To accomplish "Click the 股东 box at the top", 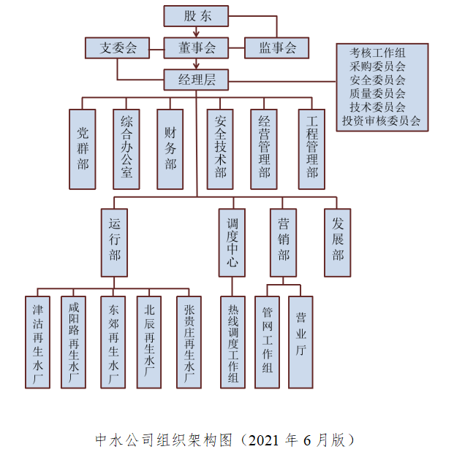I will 196,15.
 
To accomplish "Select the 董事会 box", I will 197,48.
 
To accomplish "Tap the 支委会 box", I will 118,48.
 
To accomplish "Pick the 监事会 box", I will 276,48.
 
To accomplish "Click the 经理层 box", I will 197,78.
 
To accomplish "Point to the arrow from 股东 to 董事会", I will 196,31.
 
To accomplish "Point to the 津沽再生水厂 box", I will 37,341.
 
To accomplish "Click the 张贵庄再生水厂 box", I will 189,341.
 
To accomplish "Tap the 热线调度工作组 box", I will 232,341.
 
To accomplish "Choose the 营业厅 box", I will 300,341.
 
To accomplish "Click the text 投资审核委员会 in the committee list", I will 381,121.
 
